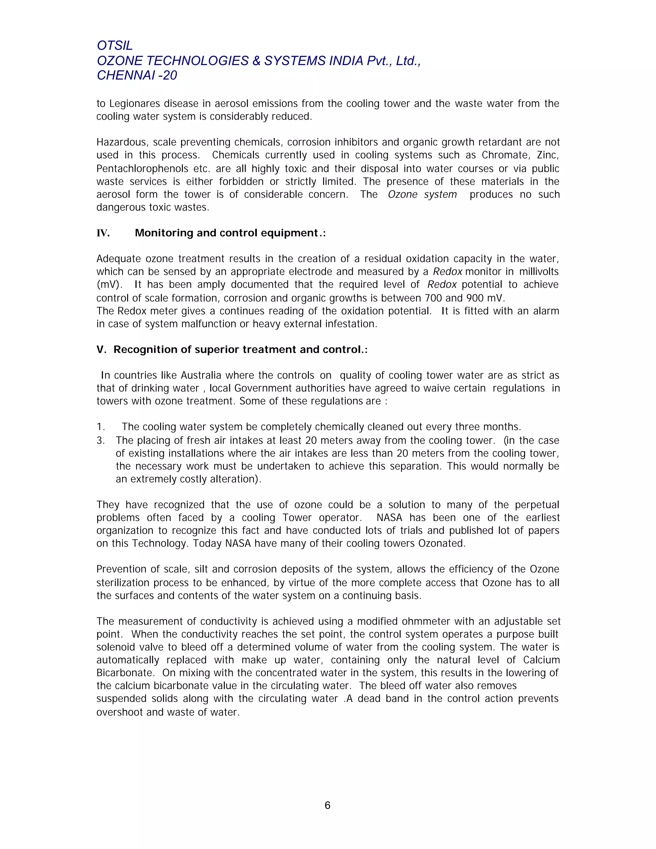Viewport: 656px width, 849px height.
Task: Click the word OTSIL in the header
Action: [115, 45]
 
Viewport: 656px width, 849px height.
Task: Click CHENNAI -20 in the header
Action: [137, 75]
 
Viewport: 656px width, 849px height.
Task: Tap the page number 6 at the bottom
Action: [327, 805]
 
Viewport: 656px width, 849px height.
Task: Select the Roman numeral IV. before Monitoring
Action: [103, 233]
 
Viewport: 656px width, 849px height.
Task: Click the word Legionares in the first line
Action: [135, 103]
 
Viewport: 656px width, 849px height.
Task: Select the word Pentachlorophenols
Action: [142, 169]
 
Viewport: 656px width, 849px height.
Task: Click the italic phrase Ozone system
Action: [422, 194]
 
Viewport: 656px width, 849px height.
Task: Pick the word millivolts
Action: [539, 272]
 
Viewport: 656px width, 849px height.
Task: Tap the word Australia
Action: [201, 375]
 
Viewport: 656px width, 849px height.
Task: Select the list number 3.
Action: [100, 441]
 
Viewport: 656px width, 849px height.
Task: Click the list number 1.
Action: [100, 427]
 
